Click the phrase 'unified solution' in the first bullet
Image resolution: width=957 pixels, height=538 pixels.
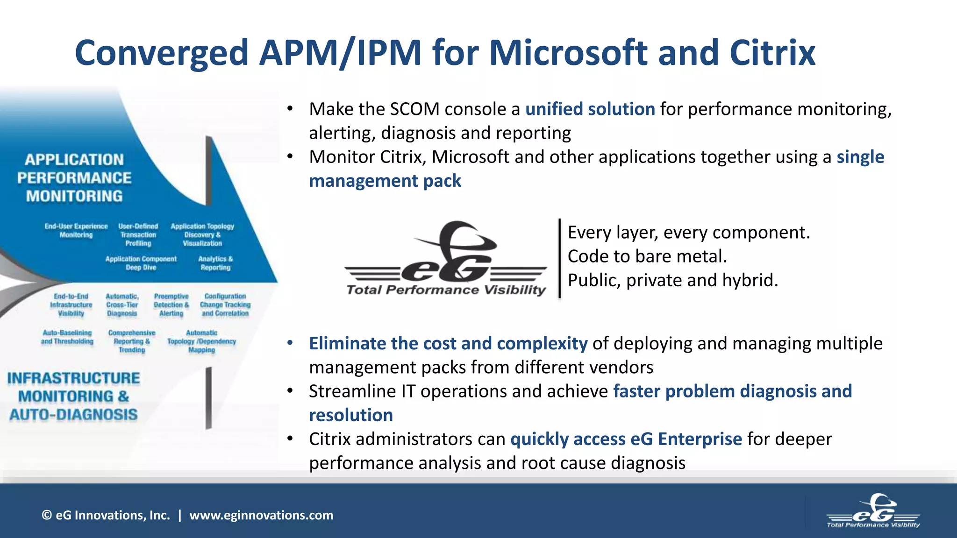pyautogui.click(x=590, y=109)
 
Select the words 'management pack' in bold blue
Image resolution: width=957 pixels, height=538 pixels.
pyautogui.click(x=385, y=181)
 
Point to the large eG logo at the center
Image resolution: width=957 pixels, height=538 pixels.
pyautogui.click(x=446, y=259)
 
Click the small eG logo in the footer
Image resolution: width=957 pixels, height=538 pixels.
pyautogui.click(x=873, y=511)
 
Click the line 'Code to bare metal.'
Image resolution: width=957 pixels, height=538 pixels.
pyautogui.click(x=647, y=256)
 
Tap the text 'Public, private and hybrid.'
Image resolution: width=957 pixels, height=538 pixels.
pyautogui.click(x=673, y=280)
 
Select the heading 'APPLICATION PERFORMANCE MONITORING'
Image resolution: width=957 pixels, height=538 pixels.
pyautogui.click(x=75, y=178)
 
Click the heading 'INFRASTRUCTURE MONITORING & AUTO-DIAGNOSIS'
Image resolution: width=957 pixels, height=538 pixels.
pyautogui.click(x=73, y=396)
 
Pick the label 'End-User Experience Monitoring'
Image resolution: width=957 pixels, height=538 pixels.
pyautogui.click(x=76, y=230)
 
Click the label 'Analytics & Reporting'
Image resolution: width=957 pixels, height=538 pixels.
pyautogui.click(x=215, y=263)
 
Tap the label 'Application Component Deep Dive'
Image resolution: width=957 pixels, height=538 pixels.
pyautogui.click(x=141, y=263)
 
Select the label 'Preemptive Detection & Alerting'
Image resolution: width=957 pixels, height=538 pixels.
pyautogui.click(x=171, y=305)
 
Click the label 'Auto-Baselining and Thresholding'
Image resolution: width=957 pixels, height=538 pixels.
pyautogui.click(x=67, y=337)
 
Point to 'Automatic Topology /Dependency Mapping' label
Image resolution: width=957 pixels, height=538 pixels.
pyautogui.click(x=201, y=341)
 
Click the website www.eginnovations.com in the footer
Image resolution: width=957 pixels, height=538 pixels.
pyautogui.click(x=261, y=516)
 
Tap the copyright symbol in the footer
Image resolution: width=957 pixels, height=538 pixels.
pyautogui.click(x=47, y=516)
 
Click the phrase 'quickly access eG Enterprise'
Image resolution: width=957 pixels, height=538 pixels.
pyautogui.click(x=626, y=439)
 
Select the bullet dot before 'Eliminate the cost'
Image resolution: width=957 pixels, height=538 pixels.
pyautogui.click(x=290, y=343)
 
